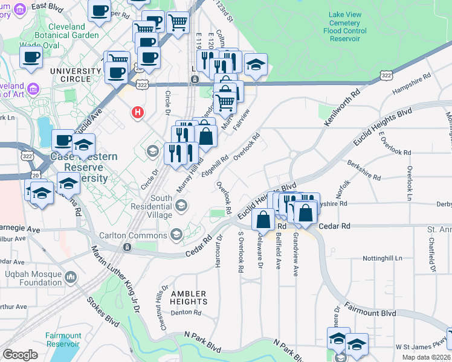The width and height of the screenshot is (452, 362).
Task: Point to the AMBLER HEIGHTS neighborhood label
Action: pos(189,297)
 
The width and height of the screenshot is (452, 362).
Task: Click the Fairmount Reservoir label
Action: pos(63,340)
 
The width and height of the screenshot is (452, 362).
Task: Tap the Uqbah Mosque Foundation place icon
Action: pos(71,277)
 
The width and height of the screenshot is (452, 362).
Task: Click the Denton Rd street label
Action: pos(186,312)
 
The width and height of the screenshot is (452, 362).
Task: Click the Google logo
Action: pos(20,354)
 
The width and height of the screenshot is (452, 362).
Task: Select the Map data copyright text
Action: pos(427,357)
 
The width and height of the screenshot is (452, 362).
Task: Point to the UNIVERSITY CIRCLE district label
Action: pos(76,75)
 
